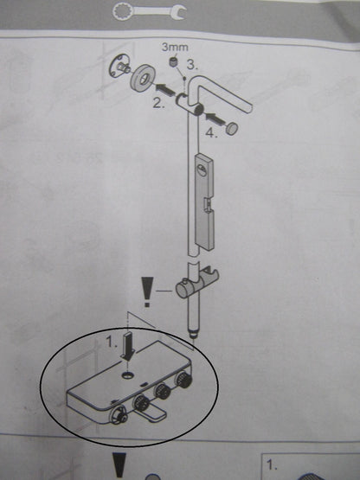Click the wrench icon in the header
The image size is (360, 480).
pyautogui.click(x=149, y=11)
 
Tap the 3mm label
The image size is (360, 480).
pyautogui.click(x=175, y=48)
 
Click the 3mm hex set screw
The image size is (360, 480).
pyautogui.click(x=174, y=62)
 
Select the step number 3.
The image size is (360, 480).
pyautogui.click(x=192, y=65)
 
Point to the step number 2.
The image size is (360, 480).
pyautogui.click(x=158, y=104)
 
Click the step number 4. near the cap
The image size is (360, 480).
pyautogui.click(x=211, y=132)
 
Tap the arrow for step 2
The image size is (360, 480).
pyautogui.click(x=163, y=89)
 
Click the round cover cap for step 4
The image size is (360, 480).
pyautogui.click(x=233, y=127)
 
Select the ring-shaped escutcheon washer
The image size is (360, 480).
pyautogui.click(x=142, y=79)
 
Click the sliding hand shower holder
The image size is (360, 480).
pyautogui.click(x=197, y=284)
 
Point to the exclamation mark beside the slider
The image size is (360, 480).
pyautogui.click(x=148, y=292)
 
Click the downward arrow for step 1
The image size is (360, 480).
pyautogui.click(x=127, y=346)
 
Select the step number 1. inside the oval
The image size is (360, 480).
pyautogui.click(x=112, y=342)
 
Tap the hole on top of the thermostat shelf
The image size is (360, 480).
pyautogui.click(x=127, y=374)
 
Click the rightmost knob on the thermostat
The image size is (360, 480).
pyautogui.click(x=183, y=380)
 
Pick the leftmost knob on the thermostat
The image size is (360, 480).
pyautogui.click(x=118, y=414)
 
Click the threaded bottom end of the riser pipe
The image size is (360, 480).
pyautogui.click(x=194, y=334)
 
